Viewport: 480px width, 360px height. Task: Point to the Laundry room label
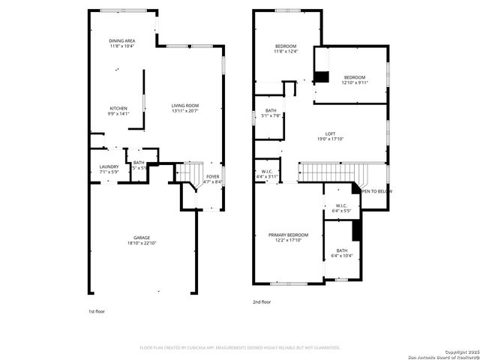pos(109,166)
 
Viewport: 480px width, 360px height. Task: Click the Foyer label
pos(213,177)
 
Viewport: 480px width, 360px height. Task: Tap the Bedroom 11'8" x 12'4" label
pos(286,46)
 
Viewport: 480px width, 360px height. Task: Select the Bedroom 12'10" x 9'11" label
pos(355,78)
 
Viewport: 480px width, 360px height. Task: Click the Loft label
pos(330,133)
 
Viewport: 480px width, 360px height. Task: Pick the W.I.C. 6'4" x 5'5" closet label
pos(341,206)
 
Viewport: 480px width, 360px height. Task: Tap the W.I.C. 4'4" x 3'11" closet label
pos(267,171)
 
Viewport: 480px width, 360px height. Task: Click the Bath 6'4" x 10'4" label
pos(341,251)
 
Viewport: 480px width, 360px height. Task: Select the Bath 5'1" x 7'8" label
pos(270,110)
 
